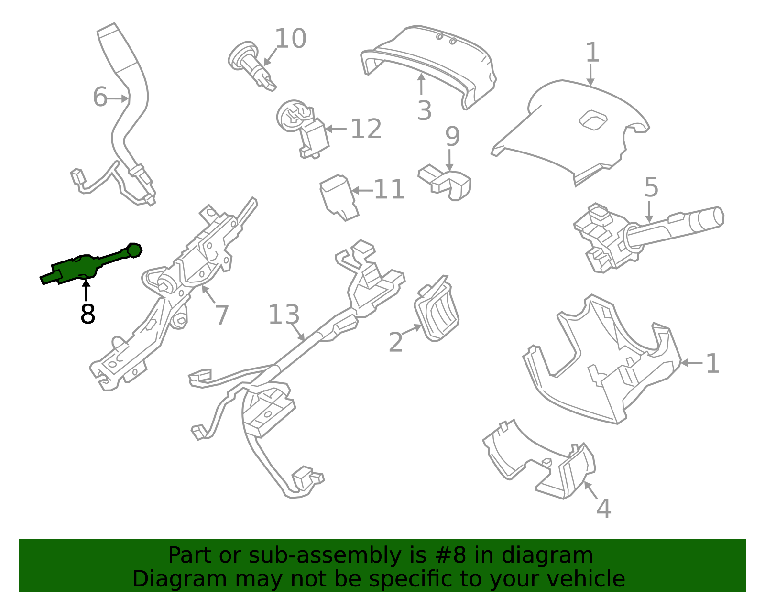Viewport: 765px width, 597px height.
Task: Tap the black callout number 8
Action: pos(87,314)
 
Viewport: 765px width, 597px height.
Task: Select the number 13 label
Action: pos(284,315)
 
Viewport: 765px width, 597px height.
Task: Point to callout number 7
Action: pos(222,315)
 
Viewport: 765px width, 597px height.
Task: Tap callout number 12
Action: pos(366,129)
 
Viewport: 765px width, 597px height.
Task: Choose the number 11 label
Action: pos(389,190)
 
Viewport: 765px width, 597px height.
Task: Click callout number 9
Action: pos(452,137)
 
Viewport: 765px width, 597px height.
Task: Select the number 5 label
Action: pos(651,187)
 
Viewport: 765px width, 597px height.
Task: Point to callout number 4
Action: pos(604,509)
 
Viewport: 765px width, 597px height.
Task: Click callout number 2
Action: pos(396,342)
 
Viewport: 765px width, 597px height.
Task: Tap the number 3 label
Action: pos(424,111)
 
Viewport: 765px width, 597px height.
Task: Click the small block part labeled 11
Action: pos(339,197)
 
